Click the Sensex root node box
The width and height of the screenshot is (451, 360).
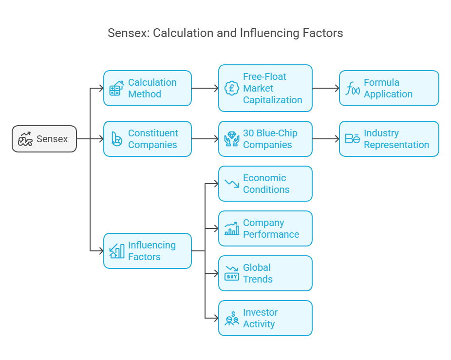(x=44, y=139)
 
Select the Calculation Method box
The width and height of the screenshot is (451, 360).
(x=147, y=88)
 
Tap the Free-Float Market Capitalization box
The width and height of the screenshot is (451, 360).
(x=265, y=88)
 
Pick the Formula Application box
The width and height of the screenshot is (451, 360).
(x=389, y=88)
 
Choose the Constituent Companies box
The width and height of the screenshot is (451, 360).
(x=147, y=139)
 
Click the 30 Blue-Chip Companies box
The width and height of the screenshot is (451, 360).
(x=265, y=139)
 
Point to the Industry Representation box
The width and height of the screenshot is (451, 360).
(x=389, y=139)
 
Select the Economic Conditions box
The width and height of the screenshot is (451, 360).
(x=265, y=184)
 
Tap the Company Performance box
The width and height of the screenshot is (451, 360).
(x=265, y=228)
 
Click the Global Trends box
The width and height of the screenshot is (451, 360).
(x=265, y=273)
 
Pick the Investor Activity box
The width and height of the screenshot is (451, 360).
(x=265, y=318)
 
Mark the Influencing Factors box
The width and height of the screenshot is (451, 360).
(x=147, y=251)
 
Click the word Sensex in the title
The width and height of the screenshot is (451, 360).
(x=128, y=33)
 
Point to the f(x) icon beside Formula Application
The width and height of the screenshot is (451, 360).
(x=353, y=89)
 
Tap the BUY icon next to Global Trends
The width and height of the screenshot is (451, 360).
(x=232, y=274)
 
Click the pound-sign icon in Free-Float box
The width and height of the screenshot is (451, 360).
(x=231, y=88)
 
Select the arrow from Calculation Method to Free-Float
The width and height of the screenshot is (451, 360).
(x=205, y=88)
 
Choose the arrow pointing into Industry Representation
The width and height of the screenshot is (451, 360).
(x=325, y=139)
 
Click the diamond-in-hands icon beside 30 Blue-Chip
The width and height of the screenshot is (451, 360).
(x=232, y=139)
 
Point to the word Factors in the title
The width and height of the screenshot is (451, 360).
(x=324, y=33)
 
